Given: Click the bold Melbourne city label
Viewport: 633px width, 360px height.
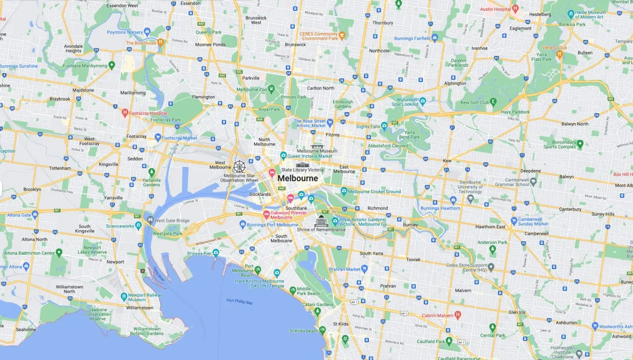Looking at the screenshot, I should [x=298, y=179].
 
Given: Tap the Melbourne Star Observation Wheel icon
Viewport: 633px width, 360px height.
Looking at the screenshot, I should [x=239, y=166].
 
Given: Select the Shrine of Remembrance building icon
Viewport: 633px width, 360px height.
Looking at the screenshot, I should [x=321, y=221].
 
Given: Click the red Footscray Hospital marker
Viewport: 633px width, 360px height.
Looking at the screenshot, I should [x=125, y=113].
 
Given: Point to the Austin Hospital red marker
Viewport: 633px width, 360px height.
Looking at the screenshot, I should [x=515, y=8].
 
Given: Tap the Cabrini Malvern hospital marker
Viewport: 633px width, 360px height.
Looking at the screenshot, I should [x=458, y=315].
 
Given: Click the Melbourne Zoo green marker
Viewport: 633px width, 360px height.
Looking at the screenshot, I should [x=271, y=90].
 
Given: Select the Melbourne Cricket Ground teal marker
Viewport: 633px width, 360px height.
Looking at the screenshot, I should [x=344, y=191].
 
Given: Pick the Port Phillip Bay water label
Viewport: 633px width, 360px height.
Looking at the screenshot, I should [x=239, y=301].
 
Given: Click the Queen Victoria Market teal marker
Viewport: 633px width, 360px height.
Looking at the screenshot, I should [x=283, y=156].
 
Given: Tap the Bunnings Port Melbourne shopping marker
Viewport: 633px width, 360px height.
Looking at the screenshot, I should [x=243, y=225].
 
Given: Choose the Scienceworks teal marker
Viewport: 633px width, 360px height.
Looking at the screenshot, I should [x=138, y=226].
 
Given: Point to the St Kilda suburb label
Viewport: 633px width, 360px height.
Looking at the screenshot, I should [x=341, y=324].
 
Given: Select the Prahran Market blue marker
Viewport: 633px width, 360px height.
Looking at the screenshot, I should [x=364, y=269].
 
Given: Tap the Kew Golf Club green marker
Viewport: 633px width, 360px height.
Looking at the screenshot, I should [x=494, y=102].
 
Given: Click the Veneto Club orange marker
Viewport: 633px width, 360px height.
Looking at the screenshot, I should [x=560, y=54].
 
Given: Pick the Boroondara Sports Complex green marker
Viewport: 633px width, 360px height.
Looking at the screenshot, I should [x=580, y=144].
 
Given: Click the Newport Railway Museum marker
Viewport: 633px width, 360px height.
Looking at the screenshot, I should [x=124, y=297].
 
